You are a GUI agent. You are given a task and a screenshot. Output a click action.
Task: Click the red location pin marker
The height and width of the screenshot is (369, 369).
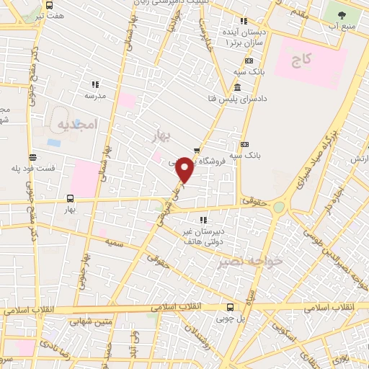[184, 169]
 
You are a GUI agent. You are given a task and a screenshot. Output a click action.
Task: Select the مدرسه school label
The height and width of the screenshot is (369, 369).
[96, 95]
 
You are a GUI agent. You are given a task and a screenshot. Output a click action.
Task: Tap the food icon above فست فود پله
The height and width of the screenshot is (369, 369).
[32, 157]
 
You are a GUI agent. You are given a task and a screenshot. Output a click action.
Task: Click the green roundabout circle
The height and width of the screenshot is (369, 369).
[280, 206]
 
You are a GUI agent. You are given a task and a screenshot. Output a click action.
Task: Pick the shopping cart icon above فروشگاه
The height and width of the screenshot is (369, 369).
[197, 150]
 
